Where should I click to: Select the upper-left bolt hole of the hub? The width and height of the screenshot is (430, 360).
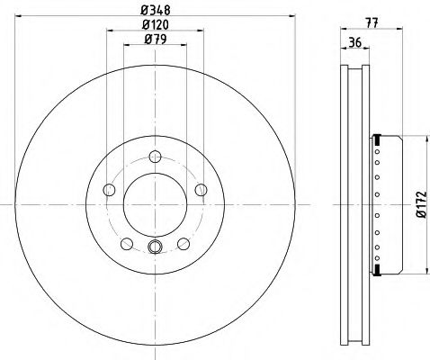click(x=110, y=189)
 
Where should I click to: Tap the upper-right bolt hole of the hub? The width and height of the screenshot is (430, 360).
click(x=198, y=189)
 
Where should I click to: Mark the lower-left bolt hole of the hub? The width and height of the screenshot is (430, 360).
click(x=127, y=242)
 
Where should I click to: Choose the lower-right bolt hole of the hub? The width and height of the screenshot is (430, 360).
click(x=182, y=242)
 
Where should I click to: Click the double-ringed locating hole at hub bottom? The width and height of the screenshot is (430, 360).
click(x=154, y=248)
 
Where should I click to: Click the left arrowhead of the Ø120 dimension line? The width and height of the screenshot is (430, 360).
click(x=109, y=31)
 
